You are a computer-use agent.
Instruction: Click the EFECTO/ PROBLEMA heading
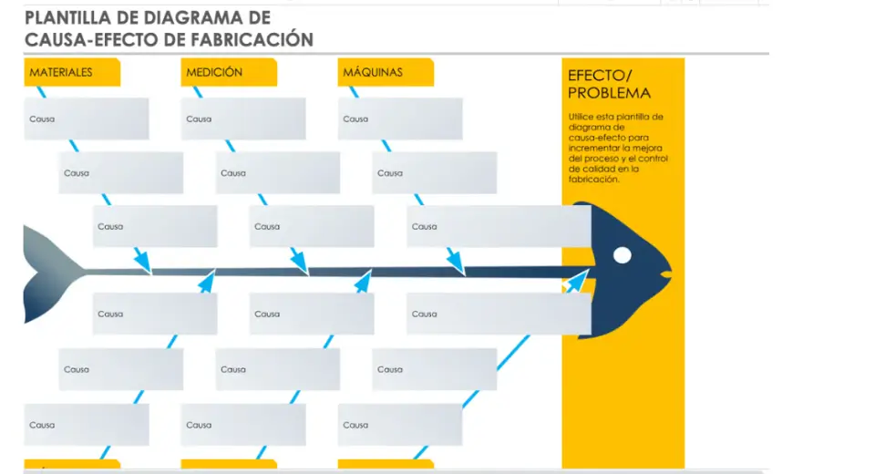(x=609, y=84)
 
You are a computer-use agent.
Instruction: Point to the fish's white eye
(x=623, y=255)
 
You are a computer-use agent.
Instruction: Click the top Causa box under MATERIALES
(x=87, y=118)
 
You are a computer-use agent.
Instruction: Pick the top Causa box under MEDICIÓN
(x=243, y=118)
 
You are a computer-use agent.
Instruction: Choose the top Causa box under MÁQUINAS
(x=400, y=118)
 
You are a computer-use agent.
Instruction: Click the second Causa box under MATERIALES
(x=121, y=172)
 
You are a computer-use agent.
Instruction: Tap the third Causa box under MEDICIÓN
(x=312, y=226)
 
